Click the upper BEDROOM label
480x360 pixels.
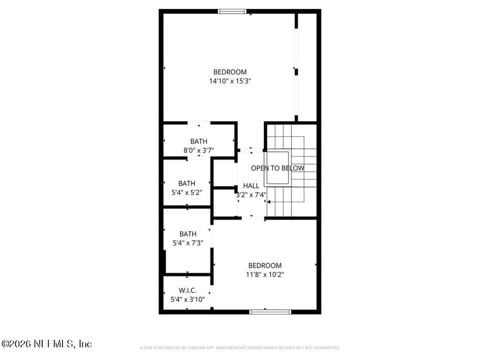coord(230,72)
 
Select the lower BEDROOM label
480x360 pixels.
coord(265,266)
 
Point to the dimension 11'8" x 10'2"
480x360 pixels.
coord(265,274)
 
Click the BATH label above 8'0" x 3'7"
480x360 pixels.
coord(199,142)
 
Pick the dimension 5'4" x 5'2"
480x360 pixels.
coord(187,193)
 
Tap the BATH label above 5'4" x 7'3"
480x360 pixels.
coord(188,234)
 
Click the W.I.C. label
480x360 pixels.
coord(188,290)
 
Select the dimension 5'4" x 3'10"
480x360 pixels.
coord(188,299)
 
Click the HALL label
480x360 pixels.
coord(251,186)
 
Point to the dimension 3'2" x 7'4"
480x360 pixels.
coord(251,194)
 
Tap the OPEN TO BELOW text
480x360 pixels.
coord(277,169)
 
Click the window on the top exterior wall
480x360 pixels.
coord(232,11)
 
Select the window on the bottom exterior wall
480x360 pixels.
coord(270,311)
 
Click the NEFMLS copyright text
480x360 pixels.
coord(46,344)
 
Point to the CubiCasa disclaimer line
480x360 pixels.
coord(239,347)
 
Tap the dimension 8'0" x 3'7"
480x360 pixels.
coord(199,151)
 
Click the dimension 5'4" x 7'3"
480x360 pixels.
coord(188,242)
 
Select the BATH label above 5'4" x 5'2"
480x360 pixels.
coord(187,184)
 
